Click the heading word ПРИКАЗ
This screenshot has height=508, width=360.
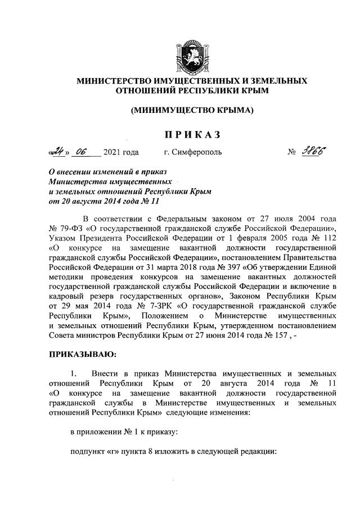[x=191, y=134]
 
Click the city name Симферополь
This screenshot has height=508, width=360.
[x=197, y=152]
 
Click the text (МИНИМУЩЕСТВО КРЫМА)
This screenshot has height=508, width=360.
[x=191, y=110]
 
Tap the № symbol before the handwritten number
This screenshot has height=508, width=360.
[x=291, y=152]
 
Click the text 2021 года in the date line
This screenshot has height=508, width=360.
[x=121, y=152]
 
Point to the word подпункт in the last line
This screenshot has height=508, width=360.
[x=88, y=451]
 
